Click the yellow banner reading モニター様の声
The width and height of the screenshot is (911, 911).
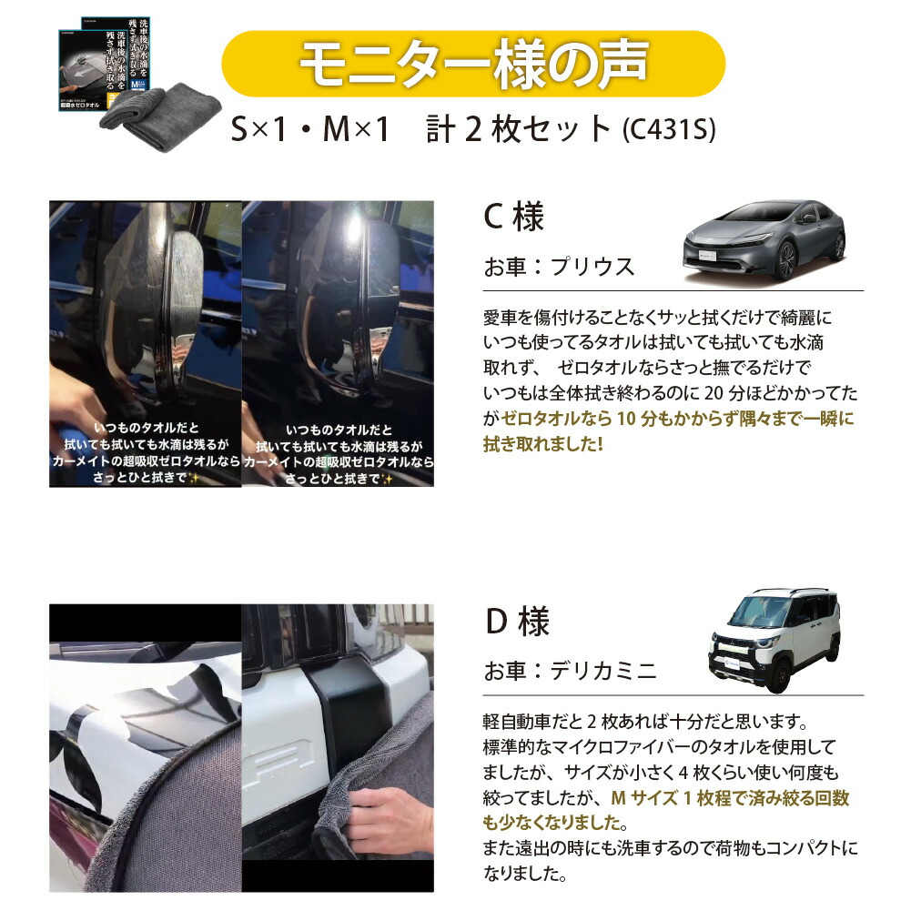tap(473, 64)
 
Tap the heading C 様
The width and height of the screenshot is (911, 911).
tap(513, 218)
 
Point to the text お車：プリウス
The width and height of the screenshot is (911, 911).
tap(559, 268)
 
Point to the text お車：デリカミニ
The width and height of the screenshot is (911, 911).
tap(570, 672)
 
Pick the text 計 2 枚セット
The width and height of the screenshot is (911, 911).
tap(519, 130)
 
